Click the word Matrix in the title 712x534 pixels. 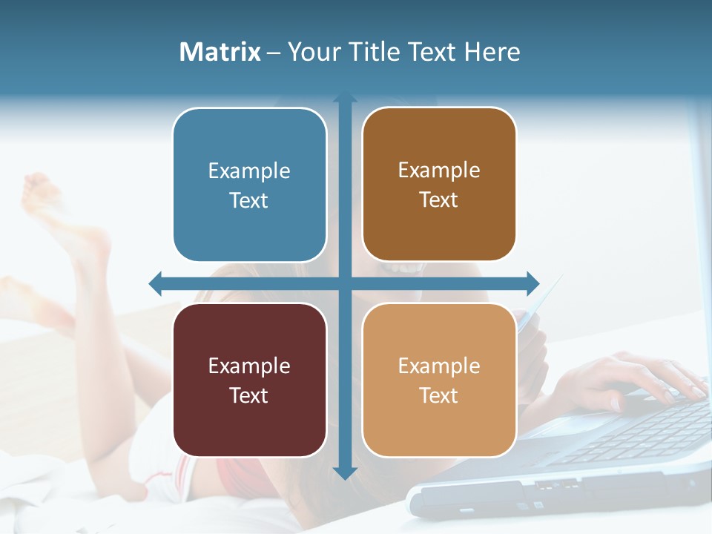[x=220, y=52]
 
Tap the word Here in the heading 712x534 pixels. [x=492, y=52]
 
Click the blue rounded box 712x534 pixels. [x=249, y=185]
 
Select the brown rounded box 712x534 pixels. [x=439, y=185]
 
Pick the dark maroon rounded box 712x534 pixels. [x=249, y=380]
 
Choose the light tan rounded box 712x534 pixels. [x=439, y=380]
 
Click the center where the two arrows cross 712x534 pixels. [x=345, y=283]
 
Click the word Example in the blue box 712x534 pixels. [x=249, y=171]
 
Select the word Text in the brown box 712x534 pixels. [x=439, y=200]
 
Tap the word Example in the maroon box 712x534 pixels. [x=249, y=366]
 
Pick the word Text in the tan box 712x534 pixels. [x=439, y=395]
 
